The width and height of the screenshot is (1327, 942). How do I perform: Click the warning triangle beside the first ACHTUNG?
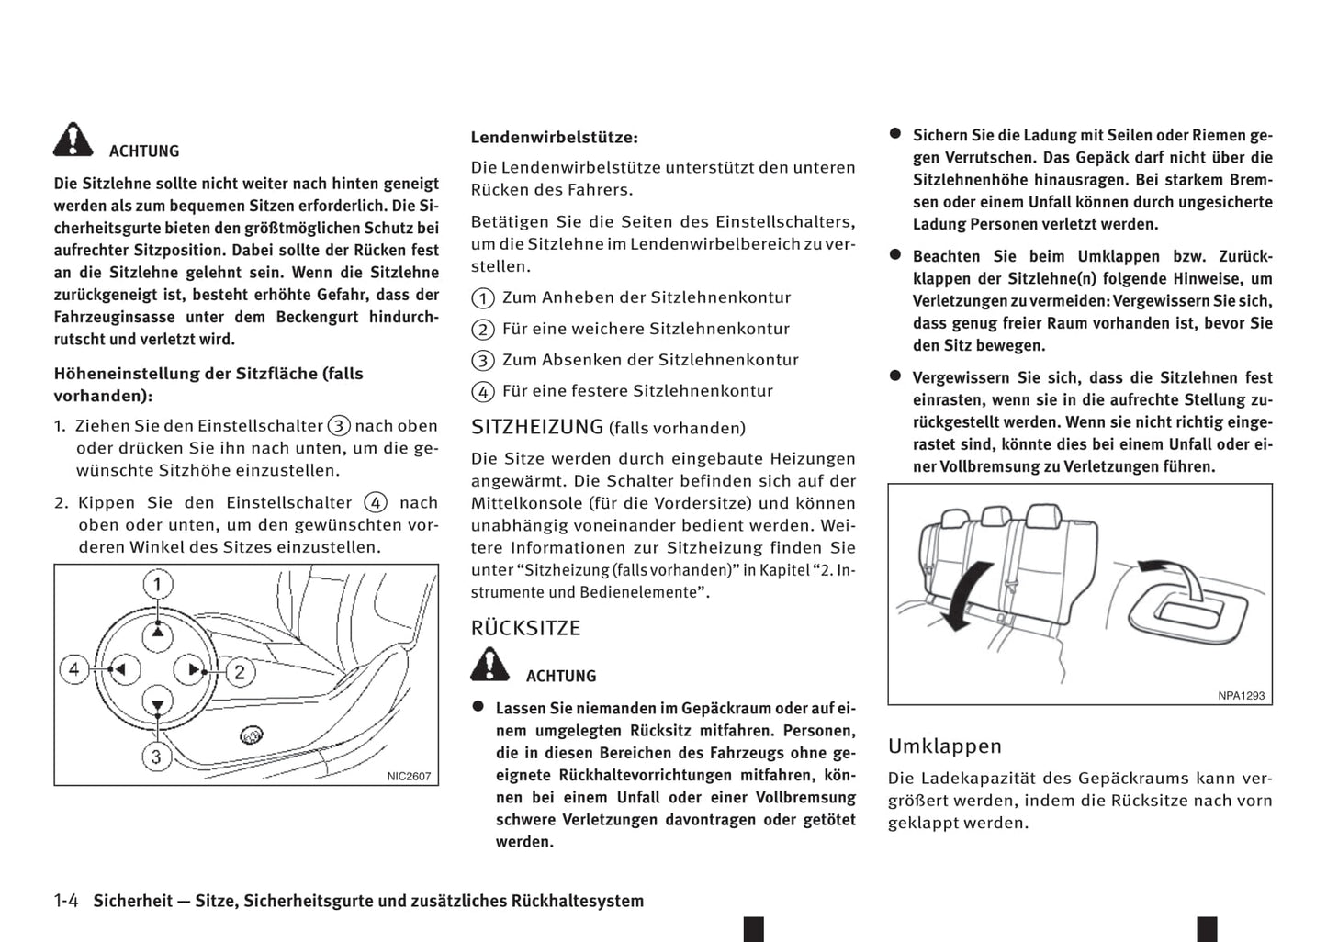[73, 140]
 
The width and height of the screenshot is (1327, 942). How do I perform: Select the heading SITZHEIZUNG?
[537, 427]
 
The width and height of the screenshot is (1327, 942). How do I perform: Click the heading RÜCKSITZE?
[525, 628]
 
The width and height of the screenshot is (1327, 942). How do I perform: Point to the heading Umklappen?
[944, 746]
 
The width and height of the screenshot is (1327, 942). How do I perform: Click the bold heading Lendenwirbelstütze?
[554, 138]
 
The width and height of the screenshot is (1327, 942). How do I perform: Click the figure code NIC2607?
[409, 776]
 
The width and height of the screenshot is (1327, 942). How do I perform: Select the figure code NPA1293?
[1241, 696]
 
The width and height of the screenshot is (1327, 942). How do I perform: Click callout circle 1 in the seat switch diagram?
[158, 585]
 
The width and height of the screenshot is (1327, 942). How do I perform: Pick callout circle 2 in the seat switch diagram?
[240, 671]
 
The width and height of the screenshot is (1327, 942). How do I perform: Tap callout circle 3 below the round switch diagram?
[156, 757]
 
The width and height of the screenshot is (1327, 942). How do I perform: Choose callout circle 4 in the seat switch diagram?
[74, 668]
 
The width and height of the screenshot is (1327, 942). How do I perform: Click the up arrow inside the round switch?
[158, 633]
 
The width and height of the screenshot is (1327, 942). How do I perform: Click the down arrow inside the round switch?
[158, 704]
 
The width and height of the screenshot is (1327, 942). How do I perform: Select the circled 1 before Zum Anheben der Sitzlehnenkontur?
[483, 298]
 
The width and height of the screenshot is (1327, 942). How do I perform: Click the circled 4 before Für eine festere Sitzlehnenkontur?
[483, 392]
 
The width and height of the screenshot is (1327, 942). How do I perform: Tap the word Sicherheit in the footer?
[132, 901]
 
